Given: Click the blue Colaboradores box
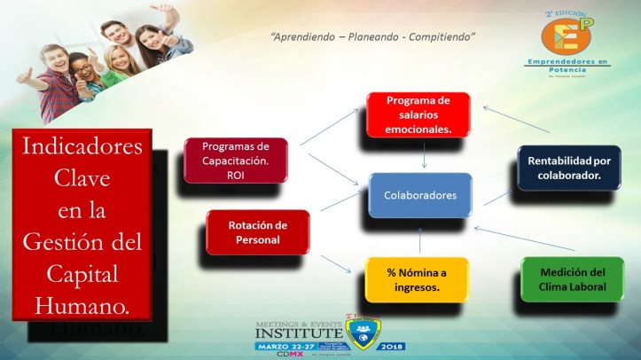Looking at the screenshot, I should point(420,195).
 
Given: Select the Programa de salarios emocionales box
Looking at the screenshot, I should point(418,114).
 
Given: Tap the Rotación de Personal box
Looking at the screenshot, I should point(258,231).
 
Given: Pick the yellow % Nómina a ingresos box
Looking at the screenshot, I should point(417,279).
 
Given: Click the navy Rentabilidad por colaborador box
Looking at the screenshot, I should point(568,168).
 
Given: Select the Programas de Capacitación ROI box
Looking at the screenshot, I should point(236,160).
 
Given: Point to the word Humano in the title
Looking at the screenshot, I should point(82,306).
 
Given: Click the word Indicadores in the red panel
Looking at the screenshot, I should point(82,147).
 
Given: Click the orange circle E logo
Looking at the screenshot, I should point(567,34).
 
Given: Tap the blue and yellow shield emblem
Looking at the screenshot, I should point(363,333).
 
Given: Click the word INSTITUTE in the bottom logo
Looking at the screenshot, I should point(297,334).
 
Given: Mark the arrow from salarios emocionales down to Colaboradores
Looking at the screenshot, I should point(425,154).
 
